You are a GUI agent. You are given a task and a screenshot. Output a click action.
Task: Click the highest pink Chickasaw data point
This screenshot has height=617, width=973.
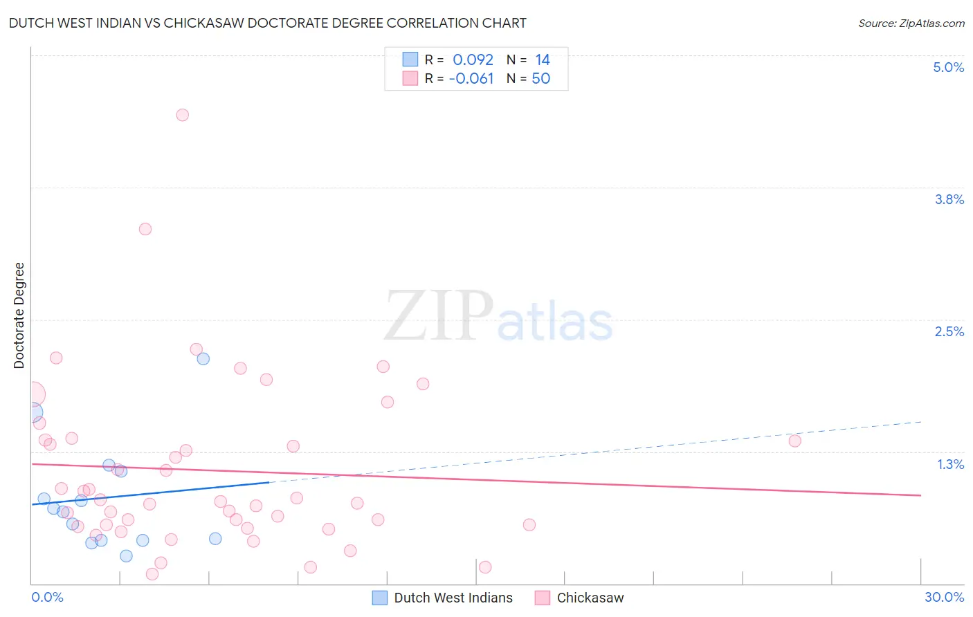click(x=183, y=115)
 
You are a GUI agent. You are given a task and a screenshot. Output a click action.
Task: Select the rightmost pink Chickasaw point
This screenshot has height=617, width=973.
click(x=794, y=441)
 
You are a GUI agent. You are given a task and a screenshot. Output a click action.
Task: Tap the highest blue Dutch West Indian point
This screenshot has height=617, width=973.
click(x=203, y=358)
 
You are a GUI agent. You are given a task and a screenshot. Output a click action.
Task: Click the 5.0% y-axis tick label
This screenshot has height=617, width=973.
click(x=948, y=67)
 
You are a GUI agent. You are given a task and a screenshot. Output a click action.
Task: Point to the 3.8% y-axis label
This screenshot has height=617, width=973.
click(x=949, y=199)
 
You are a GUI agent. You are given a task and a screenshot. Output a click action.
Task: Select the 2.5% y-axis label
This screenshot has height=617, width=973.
click(x=949, y=331)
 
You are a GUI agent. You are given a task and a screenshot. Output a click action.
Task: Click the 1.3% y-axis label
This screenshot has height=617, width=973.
click(x=950, y=464)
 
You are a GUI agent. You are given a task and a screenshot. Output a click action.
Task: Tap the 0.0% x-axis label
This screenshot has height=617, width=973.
click(x=47, y=597)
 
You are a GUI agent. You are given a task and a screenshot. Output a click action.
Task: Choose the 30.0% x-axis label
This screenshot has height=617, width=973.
click(x=944, y=597)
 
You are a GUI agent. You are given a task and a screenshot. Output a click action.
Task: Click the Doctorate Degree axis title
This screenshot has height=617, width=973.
click(x=19, y=315)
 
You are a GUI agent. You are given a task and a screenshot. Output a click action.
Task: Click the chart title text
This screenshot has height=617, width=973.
click(x=267, y=23)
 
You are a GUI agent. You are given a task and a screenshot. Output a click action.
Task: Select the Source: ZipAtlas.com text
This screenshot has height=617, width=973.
click(x=911, y=23)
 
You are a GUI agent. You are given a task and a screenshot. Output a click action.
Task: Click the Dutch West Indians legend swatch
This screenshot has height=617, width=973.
click(x=380, y=598)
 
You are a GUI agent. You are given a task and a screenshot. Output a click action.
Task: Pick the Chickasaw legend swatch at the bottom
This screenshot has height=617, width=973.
click(x=543, y=598)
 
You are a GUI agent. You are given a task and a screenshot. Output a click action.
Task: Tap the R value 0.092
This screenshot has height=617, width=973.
click(x=473, y=59)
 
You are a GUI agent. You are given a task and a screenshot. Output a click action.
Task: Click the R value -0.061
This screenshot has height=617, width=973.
click(x=471, y=78)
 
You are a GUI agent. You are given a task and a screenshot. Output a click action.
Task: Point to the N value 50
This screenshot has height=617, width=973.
click(x=540, y=78)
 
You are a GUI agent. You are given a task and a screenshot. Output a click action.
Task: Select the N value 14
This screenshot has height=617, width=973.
click(x=542, y=59)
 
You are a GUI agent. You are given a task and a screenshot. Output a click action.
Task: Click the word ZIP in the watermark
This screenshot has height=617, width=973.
click(x=438, y=317)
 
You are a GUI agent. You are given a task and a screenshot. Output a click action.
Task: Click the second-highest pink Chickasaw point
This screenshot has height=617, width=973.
click(x=145, y=229)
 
